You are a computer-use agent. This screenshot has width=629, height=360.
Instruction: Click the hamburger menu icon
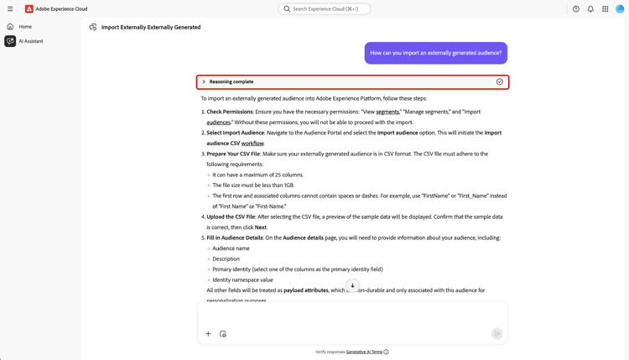point(10,9)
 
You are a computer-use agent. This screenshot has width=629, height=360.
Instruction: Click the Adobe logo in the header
point(29,9)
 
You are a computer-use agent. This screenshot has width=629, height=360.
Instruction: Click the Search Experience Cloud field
point(325,9)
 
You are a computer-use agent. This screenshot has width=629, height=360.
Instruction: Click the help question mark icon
point(576,9)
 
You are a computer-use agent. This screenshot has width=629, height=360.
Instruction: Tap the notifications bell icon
point(590,9)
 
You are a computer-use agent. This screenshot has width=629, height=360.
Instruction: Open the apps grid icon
point(605,9)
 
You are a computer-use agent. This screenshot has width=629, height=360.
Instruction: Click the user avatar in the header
point(620,9)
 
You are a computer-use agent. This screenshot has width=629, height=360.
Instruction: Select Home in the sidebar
point(25,27)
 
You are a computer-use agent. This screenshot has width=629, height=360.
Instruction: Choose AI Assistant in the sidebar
point(31,41)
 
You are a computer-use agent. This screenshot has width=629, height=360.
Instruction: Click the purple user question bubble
point(435,53)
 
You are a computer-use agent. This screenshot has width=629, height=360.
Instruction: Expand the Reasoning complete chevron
point(204,82)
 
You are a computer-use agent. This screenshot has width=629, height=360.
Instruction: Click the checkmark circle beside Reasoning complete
point(500,82)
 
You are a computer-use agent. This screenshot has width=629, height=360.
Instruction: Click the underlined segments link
point(387,112)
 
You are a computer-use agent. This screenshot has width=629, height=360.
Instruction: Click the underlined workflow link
point(252,143)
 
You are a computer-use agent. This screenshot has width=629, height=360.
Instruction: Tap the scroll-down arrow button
point(352,285)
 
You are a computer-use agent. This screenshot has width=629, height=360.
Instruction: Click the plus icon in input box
point(208,334)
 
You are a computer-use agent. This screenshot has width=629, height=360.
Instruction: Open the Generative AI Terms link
point(364,352)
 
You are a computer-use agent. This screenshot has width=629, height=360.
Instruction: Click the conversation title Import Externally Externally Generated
point(151,27)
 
